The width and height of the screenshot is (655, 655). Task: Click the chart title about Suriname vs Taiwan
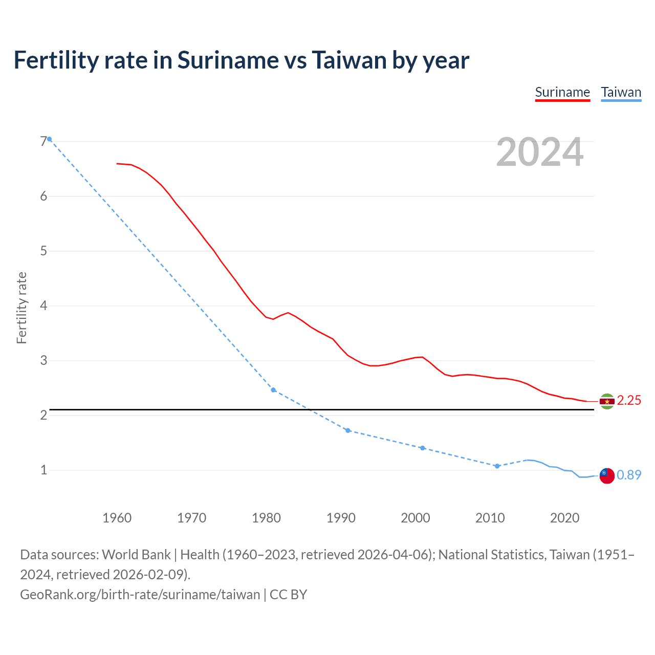click(x=241, y=60)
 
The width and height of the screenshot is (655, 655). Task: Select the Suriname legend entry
click(x=562, y=93)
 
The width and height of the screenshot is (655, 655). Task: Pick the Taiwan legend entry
click(x=621, y=93)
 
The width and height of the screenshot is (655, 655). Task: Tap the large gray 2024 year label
click(x=539, y=152)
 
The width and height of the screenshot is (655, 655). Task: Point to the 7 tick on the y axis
click(x=43, y=141)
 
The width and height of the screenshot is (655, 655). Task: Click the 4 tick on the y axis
click(x=43, y=305)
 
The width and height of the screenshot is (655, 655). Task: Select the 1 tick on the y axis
click(x=43, y=470)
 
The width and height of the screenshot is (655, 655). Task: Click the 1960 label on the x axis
click(x=117, y=518)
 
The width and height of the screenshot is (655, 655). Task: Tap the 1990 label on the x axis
click(x=341, y=518)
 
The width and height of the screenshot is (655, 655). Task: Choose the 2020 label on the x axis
click(x=564, y=518)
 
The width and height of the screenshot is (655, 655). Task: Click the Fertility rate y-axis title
click(x=21, y=308)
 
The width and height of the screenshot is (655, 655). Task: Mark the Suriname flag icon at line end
click(x=607, y=401)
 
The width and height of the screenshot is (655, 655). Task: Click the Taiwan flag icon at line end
click(x=607, y=475)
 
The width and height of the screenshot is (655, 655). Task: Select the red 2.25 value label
click(x=629, y=401)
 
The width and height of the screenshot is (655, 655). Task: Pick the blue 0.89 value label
click(x=629, y=475)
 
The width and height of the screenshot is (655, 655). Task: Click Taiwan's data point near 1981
click(x=273, y=390)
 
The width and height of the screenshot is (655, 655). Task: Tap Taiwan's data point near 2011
click(x=497, y=466)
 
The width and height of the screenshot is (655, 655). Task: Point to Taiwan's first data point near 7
click(x=49, y=139)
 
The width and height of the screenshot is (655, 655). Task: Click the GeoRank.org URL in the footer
click(x=140, y=595)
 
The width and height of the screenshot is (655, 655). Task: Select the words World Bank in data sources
click(x=137, y=555)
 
